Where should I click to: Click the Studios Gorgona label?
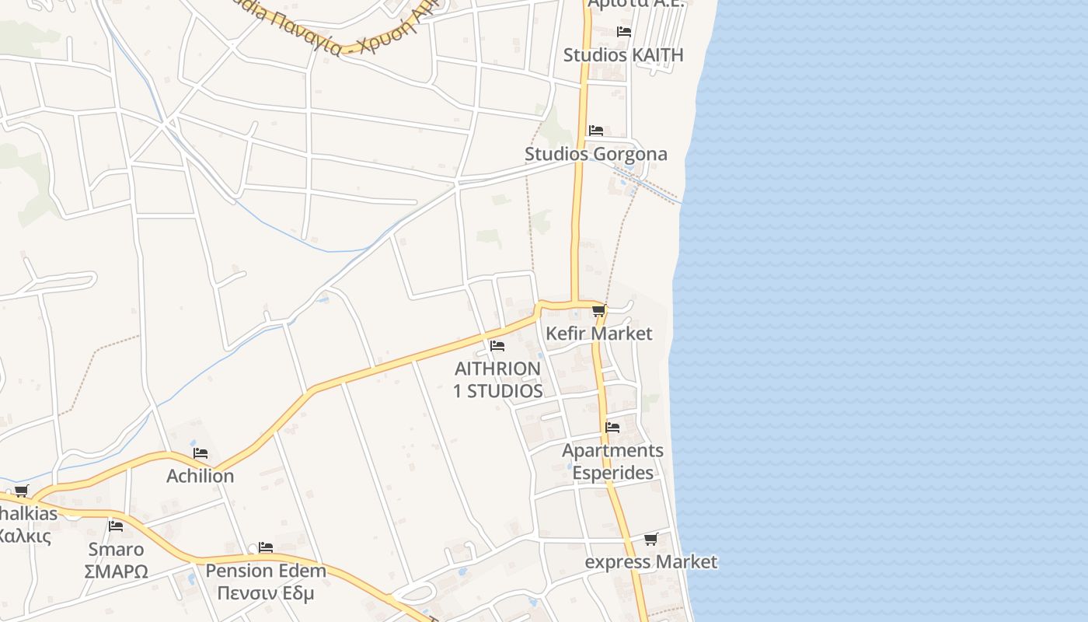coord(595,154)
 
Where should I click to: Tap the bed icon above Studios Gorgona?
coord(596,130)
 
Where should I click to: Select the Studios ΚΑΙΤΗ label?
coord(623,55)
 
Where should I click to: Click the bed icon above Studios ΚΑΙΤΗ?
coord(623,32)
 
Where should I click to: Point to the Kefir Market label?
coord(598,334)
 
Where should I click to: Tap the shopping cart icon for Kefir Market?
coord(598,311)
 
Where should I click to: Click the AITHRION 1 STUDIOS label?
coord(497,379)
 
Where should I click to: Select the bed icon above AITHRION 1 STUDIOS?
coord(497,346)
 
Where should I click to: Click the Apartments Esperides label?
coord(612,462)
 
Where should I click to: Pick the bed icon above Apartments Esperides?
coord(612,427)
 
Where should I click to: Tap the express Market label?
coord(650,562)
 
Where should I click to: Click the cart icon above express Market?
coord(650,539)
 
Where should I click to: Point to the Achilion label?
coord(200,476)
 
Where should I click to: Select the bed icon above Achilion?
coord(201,453)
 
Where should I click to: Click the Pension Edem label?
coord(266,571)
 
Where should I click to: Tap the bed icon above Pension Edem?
coord(266,547)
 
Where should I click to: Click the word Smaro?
coord(116,550)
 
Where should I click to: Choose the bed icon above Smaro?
coord(116,526)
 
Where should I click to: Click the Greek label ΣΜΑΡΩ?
coord(116,571)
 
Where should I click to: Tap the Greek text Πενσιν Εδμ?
coord(266,594)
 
